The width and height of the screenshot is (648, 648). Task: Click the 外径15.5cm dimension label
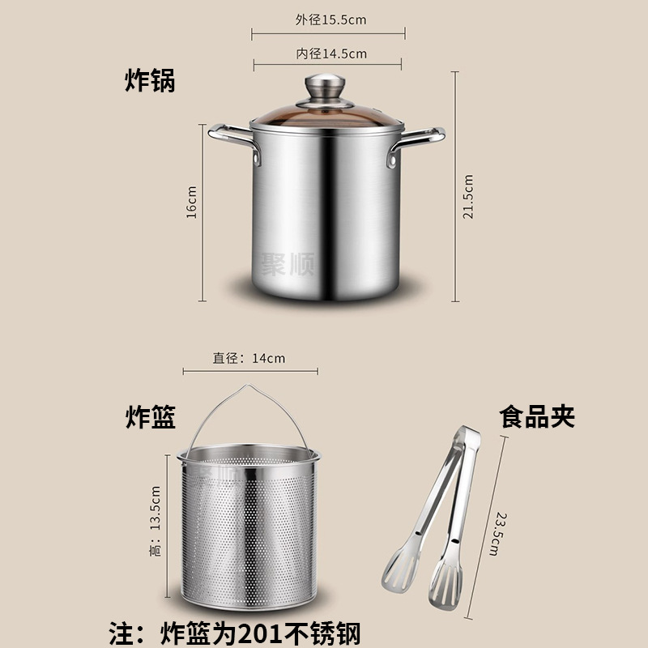click(x=330, y=19)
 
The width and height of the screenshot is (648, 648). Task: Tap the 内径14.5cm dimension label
click(x=331, y=53)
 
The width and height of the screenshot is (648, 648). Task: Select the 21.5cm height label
click(x=468, y=196)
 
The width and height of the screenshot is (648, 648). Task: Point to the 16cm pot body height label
click(x=191, y=202)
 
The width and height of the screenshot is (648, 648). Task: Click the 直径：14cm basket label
click(x=249, y=358)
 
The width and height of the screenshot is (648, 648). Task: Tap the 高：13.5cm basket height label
click(x=155, y=521)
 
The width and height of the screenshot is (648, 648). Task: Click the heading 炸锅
click(x=150, y=80)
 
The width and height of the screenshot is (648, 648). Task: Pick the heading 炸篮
click(x=151, y=417)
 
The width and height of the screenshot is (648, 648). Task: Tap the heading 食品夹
click(x=537, y=416)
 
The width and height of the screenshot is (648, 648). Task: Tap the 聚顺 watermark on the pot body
click(x=288, y=264)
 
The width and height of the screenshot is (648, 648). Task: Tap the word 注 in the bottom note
click(x=122, y=633)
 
